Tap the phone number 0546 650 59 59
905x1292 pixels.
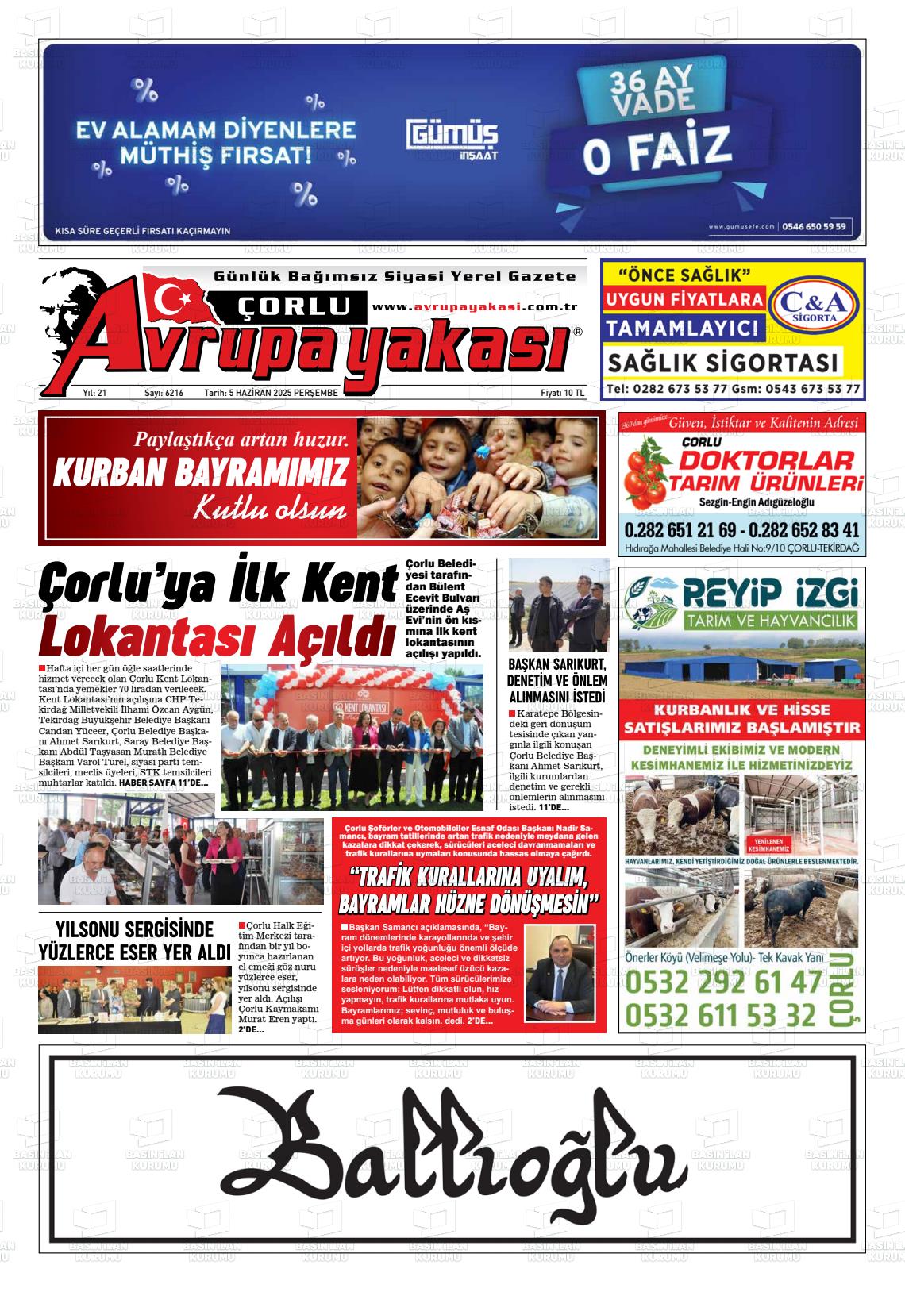(x=814, y=226)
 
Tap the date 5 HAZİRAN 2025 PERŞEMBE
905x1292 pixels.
(x=271, y=393)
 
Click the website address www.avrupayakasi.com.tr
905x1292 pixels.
(x=474, y=307)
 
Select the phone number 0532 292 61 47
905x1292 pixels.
(x=724, y=983)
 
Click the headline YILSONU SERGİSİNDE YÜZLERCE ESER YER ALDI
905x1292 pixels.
(x=134, y=940)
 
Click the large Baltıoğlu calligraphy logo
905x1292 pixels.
(x=452, y=1147)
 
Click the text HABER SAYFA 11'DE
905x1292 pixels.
(x=164, y=783)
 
